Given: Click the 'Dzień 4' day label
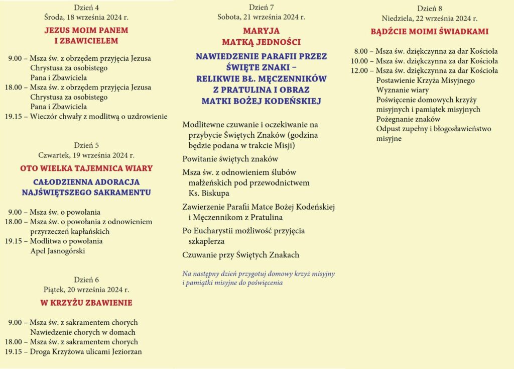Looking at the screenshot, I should [x=86, y=8].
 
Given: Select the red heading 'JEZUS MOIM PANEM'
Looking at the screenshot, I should [x=86, y=30].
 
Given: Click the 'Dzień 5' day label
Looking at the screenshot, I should [x=86, y=146].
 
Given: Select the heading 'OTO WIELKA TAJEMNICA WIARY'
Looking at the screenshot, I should [x=86, y=168].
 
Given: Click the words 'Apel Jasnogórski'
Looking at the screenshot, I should [x=58, y=250].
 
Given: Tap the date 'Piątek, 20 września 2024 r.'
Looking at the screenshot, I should [x=86, y=290].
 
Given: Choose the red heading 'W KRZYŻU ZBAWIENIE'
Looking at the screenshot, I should [x=86, y=303].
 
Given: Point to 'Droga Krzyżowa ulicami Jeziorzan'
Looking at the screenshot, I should [x=86, y=352].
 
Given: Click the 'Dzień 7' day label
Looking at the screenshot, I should [x=261, y=8].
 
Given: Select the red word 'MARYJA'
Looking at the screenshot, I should [x=261, y=31].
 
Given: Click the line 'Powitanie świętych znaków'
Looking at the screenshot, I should [x=230, y=159].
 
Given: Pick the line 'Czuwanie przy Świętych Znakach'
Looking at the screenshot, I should [x=240, y=255].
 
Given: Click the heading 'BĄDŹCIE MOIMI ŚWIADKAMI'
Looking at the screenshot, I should [x=429, y=32].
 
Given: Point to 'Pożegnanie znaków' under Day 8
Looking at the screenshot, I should [x=408, y=119].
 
